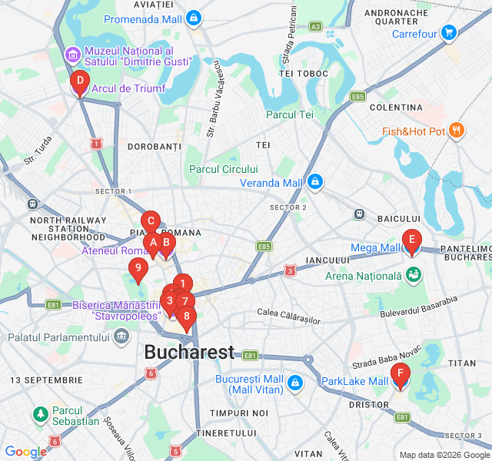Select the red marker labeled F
[x=399, y=376]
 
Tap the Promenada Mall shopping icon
[x=193, y=17]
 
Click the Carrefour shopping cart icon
[x=448, y=33]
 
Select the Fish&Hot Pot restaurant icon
[x=457, y=131]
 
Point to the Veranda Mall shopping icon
[x=315, y=183]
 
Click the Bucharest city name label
[x=189, y=353]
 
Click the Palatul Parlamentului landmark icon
[x=121, y=337]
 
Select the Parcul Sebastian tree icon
[x=39, y=415]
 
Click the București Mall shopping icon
[x=294, y=382]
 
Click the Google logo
[x=25, y=453]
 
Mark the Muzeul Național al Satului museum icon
[x=72, y=54]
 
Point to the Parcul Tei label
[x=290, y=114]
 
